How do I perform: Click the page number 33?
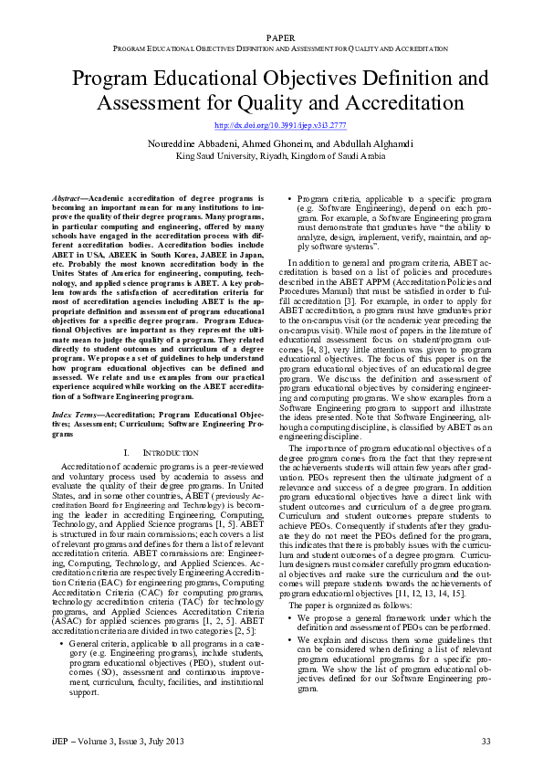(x=486, y=740)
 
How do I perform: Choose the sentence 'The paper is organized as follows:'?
(x=343, y=580)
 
